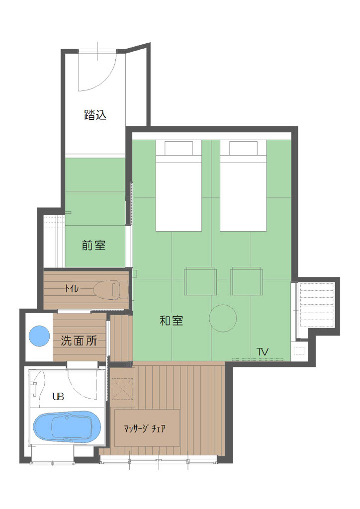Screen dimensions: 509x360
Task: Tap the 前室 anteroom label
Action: (94, 245)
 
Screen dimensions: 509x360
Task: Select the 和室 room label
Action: (171, 321)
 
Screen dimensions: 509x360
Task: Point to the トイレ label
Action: (72, 288)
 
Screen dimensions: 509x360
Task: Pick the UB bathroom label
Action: (58, 398)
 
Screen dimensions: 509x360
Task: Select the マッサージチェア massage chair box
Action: (147, 427)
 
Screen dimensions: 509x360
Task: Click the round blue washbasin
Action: (38, 336)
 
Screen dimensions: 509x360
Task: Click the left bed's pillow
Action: (179, 148)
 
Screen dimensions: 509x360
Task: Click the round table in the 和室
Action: (222, 318)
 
